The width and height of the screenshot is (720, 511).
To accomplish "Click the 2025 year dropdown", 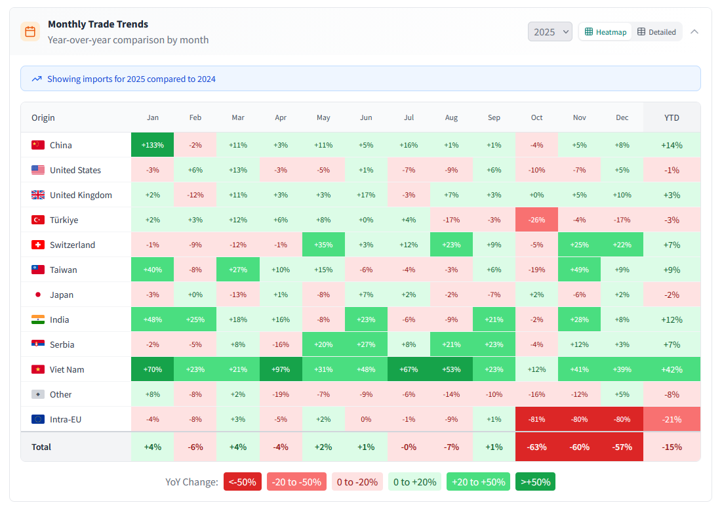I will coord(550,31).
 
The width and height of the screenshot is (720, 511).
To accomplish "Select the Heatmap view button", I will coord(605,31).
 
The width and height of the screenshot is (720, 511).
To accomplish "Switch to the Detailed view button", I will coord(656,31).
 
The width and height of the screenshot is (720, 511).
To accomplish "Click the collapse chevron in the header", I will coord(694,31).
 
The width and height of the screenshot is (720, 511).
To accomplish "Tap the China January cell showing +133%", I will coord(153,145).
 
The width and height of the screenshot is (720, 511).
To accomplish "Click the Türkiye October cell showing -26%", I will coord(536,220).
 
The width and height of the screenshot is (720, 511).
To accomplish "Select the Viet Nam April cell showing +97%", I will coord(281,369).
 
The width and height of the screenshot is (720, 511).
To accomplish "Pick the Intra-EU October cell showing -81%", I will coord(536,419).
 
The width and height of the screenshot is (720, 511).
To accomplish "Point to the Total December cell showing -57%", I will coord(622,447).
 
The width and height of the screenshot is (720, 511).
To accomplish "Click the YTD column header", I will coord(671,117).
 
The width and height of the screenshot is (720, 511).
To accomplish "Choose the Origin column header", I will coord(43,117).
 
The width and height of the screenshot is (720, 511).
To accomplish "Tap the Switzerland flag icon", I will coord(38,245).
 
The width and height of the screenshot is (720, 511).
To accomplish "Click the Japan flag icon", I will coord(38,295).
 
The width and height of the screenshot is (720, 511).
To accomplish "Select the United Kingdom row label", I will coord(81,195).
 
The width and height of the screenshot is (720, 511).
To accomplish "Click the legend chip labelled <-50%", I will coord(243,482).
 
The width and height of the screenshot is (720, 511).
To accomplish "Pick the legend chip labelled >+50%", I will coord(535,482).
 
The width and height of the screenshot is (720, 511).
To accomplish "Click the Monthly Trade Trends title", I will coord(98,24).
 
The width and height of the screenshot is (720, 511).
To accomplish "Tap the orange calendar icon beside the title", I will coord(30,31).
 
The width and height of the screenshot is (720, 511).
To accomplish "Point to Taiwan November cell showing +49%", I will coord(579,270).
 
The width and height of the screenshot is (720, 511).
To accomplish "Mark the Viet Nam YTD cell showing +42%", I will coord(671,369).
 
